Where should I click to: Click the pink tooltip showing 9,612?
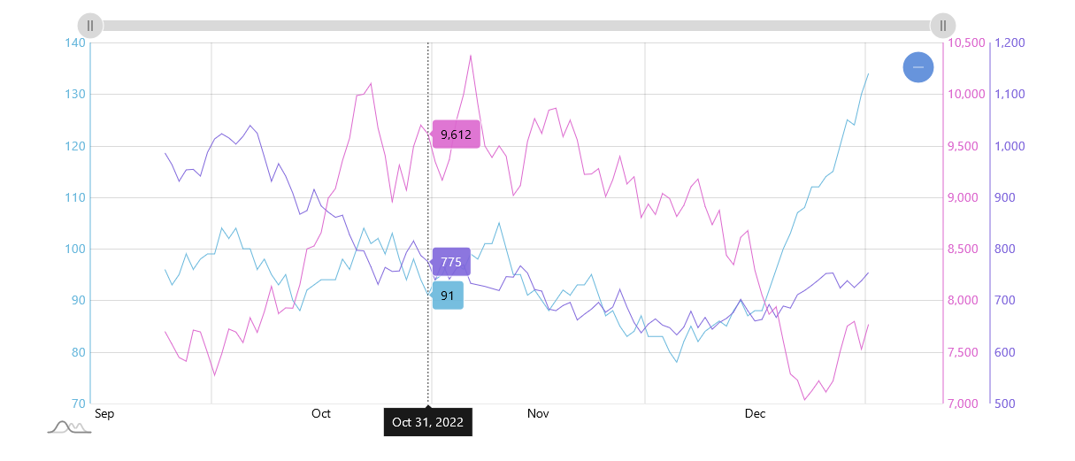coord(456,134)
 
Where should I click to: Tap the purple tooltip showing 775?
coord(450,262)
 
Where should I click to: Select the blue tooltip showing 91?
coord(448,296)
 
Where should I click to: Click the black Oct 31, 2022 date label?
coord(428,422)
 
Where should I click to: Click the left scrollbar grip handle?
coord(90,26)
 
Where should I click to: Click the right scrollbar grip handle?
coord(943,26)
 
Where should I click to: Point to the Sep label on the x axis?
coord(104,413)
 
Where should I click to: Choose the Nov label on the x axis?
coord(538,413)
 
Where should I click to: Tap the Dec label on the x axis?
coord(755,413)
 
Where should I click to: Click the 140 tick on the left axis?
coord(74,42)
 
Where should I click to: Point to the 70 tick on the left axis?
coord(78,403)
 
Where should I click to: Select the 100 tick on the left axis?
coord(74,249)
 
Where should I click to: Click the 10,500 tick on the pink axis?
coord(966,42)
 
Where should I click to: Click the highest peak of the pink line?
coord(471,55)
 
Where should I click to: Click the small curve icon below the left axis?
coord(69,427)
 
